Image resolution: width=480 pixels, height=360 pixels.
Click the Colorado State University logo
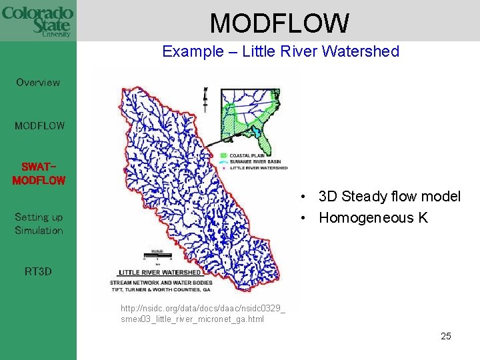[37, 21]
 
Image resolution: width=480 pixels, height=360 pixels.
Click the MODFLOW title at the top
[279, 23]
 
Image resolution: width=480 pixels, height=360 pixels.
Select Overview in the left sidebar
[38, 83]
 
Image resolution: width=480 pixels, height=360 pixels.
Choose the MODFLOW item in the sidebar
[39, 125]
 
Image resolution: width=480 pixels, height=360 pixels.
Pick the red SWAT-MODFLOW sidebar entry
[39, 173]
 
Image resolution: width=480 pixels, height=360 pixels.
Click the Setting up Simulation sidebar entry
[39, 223]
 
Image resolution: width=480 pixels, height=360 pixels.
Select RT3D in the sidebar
[38, 271]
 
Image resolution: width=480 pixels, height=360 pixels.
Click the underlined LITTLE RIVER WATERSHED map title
[159, 273]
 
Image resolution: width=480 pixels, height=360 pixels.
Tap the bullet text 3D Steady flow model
[389, 197]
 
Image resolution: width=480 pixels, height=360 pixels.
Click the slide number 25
[445, 336]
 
